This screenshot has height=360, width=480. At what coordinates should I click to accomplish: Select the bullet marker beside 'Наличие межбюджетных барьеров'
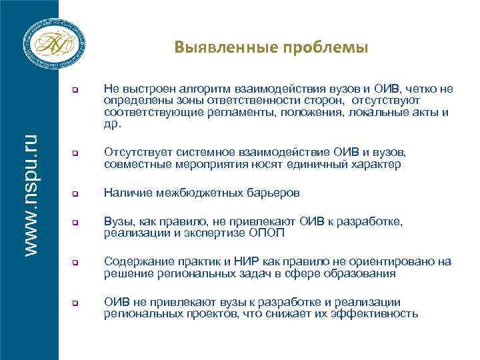coord(76,195)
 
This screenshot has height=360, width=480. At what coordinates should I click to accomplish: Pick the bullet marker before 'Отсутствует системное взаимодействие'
coord(76,155)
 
